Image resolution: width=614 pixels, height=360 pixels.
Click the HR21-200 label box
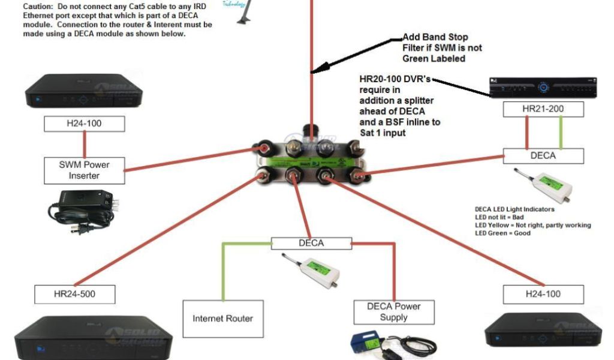(x=543, y=109)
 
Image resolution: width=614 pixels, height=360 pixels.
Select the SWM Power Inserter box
(x=83, y=170)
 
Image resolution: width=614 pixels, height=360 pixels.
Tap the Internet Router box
(x=222, y=318)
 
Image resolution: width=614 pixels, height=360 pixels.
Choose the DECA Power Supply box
(x=394, y=312)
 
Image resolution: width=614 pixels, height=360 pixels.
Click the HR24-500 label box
(x=74, y=294)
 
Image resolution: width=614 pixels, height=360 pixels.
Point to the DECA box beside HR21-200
(x=543, y=156)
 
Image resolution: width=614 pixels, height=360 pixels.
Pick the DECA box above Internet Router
(x=311, y=243)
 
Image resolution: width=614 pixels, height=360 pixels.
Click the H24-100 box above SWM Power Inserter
(x=84, y=124)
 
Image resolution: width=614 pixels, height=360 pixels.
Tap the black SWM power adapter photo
(x=83, y=212)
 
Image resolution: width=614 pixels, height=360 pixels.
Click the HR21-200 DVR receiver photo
(x=543, y=88)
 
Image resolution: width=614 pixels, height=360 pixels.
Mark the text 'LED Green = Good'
(x=502, y=233)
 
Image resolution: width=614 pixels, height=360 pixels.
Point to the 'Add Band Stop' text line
(x=435, y=37)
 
